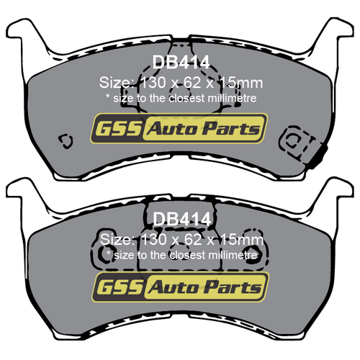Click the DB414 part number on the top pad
click(x=180, y=63)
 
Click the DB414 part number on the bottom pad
click(x=180, y=218)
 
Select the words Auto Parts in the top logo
click(x=204, y=130)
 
